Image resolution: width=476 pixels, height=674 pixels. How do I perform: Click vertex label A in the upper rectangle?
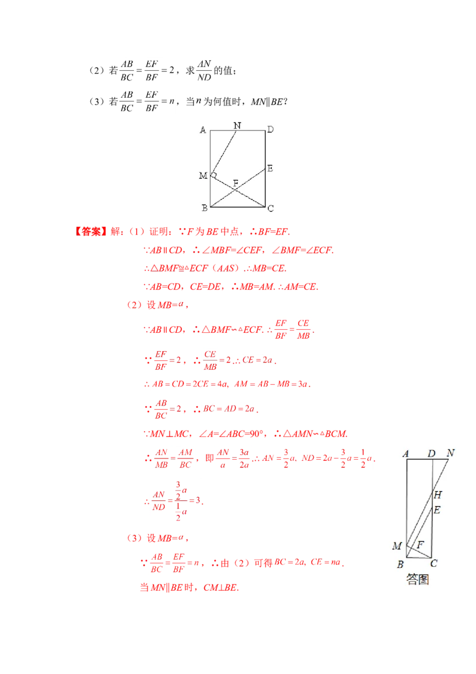203,130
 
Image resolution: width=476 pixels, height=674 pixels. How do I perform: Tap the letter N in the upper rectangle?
237,125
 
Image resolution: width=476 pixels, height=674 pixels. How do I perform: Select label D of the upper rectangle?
270,130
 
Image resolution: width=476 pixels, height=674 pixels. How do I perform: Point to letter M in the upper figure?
203,175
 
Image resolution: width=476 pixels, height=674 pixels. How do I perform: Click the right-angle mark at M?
214,174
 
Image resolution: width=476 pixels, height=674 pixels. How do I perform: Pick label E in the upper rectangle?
270,168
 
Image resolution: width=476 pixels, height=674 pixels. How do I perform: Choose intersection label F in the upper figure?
236,182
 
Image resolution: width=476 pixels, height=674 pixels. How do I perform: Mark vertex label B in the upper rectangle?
203,208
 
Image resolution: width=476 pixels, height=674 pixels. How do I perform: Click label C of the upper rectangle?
270,208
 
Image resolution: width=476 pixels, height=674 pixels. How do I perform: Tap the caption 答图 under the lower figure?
418,579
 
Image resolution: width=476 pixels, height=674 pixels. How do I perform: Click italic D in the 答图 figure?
432,454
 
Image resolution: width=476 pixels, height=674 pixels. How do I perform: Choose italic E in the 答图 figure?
437,510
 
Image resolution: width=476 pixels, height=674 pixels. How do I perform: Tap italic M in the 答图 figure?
397,546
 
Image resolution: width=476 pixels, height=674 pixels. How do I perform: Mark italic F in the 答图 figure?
421,544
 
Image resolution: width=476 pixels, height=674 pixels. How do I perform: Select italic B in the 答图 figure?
400,564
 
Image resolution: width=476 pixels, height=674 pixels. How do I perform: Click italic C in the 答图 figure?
434,564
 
